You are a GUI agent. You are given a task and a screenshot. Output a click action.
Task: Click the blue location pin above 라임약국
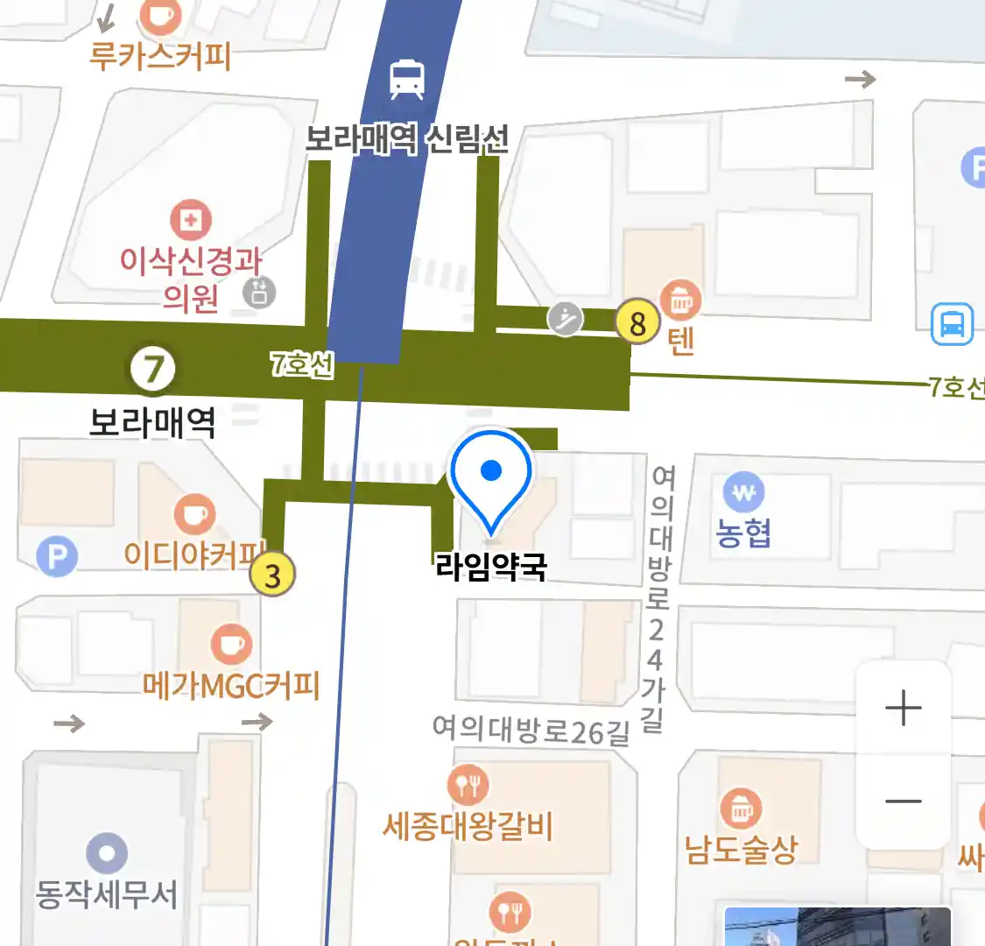[x=491, y=473]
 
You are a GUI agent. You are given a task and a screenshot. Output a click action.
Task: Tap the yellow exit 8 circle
[x=637, y=322]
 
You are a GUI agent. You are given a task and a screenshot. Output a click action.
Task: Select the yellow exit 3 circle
[x=272, y=575]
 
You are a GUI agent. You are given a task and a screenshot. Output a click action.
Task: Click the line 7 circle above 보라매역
[x=153, y=369]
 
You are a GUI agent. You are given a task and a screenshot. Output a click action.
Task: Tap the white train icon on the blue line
[x=407, y=79]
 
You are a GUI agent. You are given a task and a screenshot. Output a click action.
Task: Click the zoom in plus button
[x=903, y=708]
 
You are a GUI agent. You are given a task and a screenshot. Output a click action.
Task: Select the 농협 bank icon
[x=743, y=493]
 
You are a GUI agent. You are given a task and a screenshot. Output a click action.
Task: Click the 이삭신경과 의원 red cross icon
[x=190, y=220]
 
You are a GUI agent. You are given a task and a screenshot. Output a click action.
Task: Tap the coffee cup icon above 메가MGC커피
[x=231, y=646]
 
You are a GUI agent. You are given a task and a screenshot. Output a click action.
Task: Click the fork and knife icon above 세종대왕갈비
[x=468, y=785]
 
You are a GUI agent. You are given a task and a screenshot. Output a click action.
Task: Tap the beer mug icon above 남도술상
[x=742, y=809]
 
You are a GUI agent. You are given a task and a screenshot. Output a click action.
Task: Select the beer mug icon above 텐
[x=680, y=300]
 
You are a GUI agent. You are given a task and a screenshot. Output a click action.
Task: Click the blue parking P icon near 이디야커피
[x=57, y=556]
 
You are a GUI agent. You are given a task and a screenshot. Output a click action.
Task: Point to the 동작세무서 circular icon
[x=107, y=852]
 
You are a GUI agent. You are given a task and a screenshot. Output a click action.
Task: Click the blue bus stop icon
[x=952, y=323]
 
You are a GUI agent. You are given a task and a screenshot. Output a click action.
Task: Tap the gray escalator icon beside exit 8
[x=566, y=319]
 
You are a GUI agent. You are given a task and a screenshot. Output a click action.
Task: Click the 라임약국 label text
[x=491, y=567]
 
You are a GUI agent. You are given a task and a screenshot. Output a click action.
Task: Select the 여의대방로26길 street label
[x=531, y=730]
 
